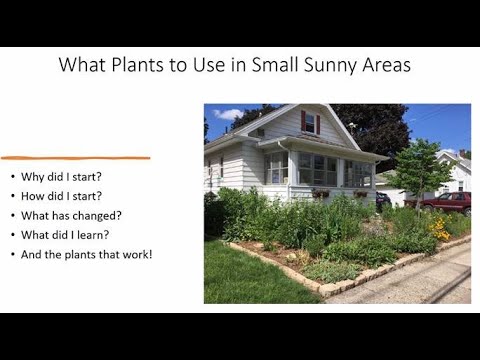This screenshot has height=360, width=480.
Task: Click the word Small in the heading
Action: coord(265,67)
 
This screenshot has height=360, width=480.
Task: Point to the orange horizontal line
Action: coord(75,158)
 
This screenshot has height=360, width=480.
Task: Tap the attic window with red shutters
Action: coord(309,122)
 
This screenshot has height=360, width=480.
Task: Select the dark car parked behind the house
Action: coord(382,199)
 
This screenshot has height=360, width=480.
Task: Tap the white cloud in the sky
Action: coord(228,114)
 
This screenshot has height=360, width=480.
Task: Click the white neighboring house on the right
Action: coord(456,174)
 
